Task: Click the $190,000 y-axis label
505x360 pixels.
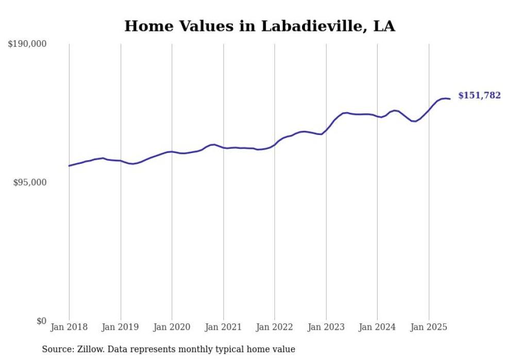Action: [x=27, y=44]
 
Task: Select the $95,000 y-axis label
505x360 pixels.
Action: [x=29, y=182]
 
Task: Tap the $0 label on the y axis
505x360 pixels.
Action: [x=41, y=321]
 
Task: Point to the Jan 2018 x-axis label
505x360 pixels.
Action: [x=69, y=327]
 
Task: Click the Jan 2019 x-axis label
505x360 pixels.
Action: [x=121, y=327]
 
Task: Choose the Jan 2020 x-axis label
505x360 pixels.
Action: [x=172, y=327]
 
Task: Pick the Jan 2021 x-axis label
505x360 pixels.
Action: [x=223, y=327]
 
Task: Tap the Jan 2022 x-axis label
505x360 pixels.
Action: [x=275, y=327]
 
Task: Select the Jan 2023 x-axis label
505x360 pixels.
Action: [x=326, y=327]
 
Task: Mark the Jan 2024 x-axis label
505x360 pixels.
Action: [x=377, y=327]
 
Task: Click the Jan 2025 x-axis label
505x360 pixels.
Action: [x=429, y=327]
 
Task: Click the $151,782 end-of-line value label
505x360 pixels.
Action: [x=479, y=95]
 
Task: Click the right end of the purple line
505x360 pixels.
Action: [x=450, y=99]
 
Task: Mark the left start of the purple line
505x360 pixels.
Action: [x=69, y=166]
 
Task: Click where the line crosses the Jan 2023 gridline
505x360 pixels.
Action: [x=326, y=130]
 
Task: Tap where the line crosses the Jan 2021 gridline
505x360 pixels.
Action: [x=223, y=148]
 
